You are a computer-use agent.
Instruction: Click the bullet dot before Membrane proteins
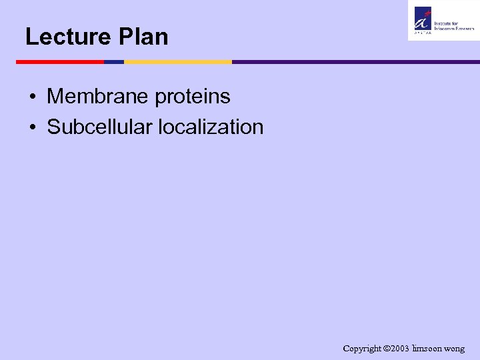pyautogui.click(x=32, y=97)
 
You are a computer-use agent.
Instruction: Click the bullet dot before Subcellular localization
pyautogui.click(x=32, y=127)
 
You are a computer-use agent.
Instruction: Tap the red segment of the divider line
pyautogui.click(x=60, y=62)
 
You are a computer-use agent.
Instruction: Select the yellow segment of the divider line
pyautogui.click(x=177, y=62)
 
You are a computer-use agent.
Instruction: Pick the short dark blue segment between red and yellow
pyautogui.click(x=114, y=62)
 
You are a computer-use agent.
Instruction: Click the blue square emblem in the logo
pyautogui.click(x=423, y=17)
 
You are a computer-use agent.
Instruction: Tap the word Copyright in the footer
pyautogui.click(x=363, y=349)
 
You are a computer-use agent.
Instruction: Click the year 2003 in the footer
pyautogui.click(x=400, y=349)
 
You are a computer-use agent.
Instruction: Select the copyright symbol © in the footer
pyautogui.click(x=387, y=349)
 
